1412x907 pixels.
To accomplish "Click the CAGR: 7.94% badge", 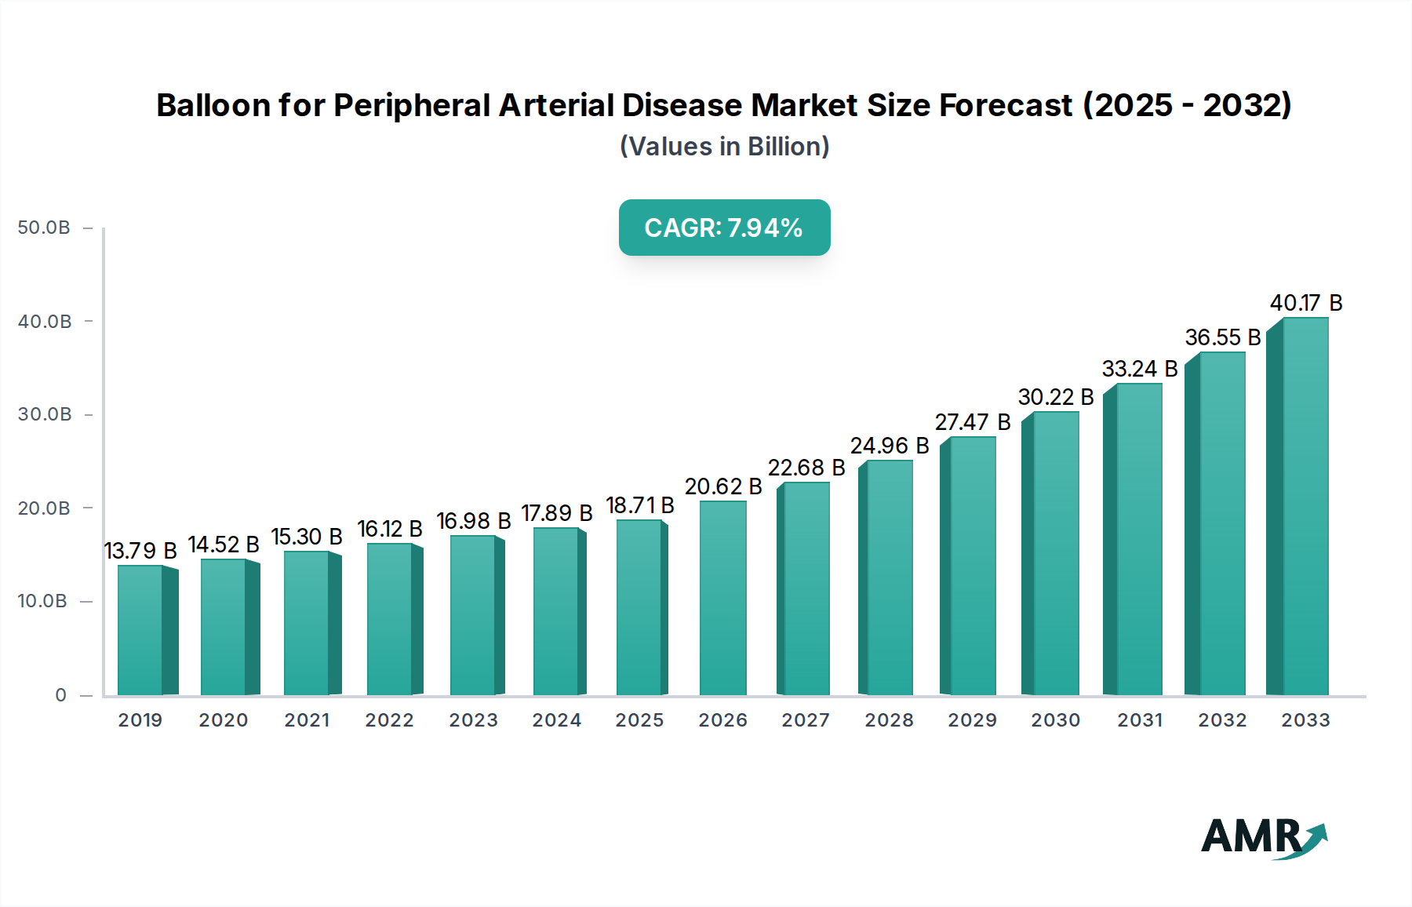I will click(724, 228).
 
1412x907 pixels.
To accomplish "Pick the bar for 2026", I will click(722, 598).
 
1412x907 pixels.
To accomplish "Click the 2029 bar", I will click(973, 566).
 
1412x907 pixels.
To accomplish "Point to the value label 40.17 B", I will click(1305, 303).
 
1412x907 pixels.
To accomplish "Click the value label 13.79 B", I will click(140, 551).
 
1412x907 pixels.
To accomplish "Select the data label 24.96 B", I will click(890, 446).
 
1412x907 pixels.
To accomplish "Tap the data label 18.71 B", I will click(640, 505).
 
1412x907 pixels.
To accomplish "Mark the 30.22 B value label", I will click(1056, 397).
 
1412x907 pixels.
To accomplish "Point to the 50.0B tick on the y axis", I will click(44, 228).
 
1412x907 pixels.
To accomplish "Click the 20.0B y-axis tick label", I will click(44, 508).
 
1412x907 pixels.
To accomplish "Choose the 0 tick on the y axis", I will click(60, 695).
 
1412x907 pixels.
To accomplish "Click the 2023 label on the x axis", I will click(473, 720).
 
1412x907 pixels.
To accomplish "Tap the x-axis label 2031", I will click(1139, 720).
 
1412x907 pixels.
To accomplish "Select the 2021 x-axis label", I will click(307, 720).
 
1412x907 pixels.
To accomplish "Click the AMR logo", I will click(1264, 837).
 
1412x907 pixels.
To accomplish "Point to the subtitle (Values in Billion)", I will click(724, 147).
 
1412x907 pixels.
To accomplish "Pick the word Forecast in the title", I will click(1006, 105).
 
